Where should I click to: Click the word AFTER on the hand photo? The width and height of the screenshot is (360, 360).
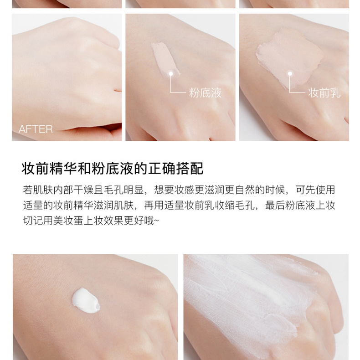click(36, 129)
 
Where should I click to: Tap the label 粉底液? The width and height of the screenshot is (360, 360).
click(205, 93)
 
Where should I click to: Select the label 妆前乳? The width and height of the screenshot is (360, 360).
click(324, 93)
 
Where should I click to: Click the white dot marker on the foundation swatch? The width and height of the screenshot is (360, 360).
click(171, 74)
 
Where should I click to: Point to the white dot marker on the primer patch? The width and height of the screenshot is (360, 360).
click(290, 74)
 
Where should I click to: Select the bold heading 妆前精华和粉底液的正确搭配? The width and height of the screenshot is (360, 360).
click(113, 169)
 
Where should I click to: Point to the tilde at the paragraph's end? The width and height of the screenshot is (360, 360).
click(156, 221)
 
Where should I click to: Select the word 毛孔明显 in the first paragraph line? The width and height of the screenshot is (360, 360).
click(124, 190)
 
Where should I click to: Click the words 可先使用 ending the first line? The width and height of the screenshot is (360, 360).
click(315, 190)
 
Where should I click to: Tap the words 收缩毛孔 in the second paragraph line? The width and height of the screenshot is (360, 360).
click(235, 205)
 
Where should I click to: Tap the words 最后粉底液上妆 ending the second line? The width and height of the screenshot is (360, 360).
click(300, 205)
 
